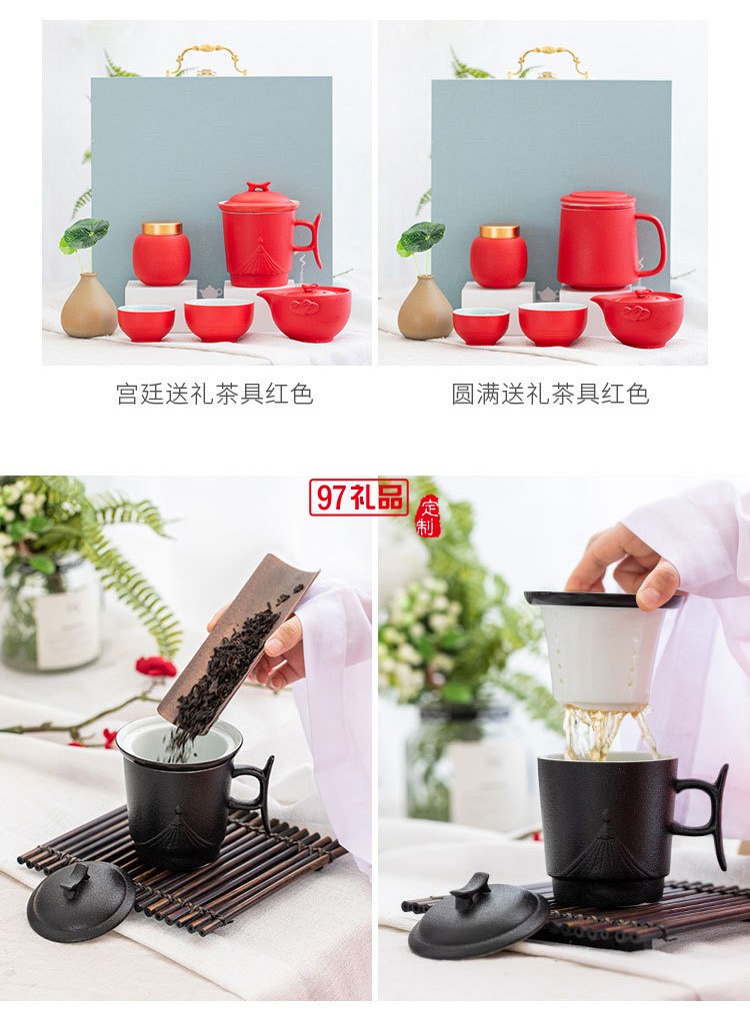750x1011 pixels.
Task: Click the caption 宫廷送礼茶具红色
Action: click(x=214, y=394)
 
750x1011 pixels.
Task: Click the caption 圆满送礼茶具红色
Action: click(x=550, y=394)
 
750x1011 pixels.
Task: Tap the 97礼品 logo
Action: click(x=358, y=497)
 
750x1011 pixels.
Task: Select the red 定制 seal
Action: click(x=428, y=516)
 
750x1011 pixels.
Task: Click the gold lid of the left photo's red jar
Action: click(x=162, y=229)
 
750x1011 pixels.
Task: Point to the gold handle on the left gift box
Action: click(x=207, y=57)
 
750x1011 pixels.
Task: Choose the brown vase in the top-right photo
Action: click(x=425, y=309)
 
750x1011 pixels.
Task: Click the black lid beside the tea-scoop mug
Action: click(x=81, y=899)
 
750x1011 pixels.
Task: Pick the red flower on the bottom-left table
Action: click(x=155, y=666)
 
